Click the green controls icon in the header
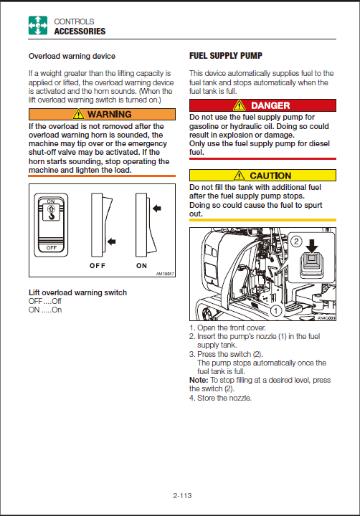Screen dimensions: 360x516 38,25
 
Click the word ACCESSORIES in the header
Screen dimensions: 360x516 80,32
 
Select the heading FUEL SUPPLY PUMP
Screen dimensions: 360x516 226,56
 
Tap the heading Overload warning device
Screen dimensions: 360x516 72,56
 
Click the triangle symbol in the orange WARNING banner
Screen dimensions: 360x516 78,114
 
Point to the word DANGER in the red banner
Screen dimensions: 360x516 270,105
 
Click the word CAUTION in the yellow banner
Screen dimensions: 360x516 270,176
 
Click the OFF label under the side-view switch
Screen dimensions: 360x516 98,266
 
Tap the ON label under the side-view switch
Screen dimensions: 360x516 141,266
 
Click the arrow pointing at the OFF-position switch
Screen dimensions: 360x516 111,242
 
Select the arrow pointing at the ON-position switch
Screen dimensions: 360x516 157,208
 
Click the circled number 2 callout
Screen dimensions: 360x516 296,242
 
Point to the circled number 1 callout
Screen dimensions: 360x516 276,310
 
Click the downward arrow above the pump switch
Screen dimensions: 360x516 311,246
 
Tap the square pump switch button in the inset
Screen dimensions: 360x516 311,266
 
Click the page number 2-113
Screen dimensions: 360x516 182,495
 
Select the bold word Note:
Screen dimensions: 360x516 199,380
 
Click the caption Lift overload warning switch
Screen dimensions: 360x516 77,292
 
